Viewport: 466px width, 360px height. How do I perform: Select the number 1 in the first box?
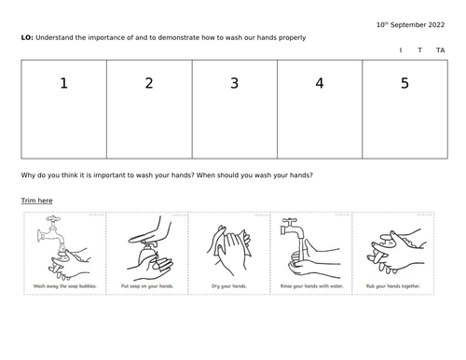coord(63,84)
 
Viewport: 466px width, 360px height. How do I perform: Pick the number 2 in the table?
coord(148,84)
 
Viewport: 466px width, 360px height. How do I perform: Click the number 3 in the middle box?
coord(234,84)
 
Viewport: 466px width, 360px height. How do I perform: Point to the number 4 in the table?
coord(319,84)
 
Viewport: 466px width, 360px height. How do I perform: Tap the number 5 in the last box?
coord(404,84)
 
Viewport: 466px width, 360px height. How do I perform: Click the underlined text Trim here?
coord(36,201)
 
